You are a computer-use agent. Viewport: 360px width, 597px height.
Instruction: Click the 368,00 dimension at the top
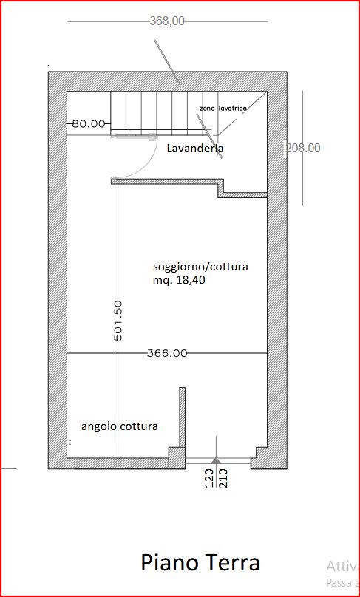pyautogui.click(x=167, y=21)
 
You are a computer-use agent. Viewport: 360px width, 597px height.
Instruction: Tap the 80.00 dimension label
pyautogui.click(x=88, y=124)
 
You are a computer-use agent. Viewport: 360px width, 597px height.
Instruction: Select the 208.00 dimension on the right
pyautogui.click(x=303, y=148)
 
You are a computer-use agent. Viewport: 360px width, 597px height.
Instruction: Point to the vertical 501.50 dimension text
pyautogui.click(x=118, y=320)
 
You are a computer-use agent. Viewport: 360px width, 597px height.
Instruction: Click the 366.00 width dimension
pyautogui.click(x=167, y=354)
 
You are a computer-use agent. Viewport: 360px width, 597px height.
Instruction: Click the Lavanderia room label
pyautogui.click(x=195, y=149)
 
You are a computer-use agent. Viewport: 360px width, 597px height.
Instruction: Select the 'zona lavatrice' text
pyautogui.click(x=223, y=109)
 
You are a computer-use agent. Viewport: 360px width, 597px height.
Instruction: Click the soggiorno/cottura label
pyautogui.click(x=200, y=266)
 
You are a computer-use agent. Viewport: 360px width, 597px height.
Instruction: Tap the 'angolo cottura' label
pyautogui.click(x=119, y=427)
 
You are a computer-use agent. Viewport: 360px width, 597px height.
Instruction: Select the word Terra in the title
pyautogui.click(x=232, y=563)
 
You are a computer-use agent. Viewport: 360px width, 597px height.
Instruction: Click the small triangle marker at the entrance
pyautogui.click(x=214, y=461)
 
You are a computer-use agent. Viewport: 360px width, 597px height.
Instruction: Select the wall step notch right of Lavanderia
pyautogui.click(x=222, y=188)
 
